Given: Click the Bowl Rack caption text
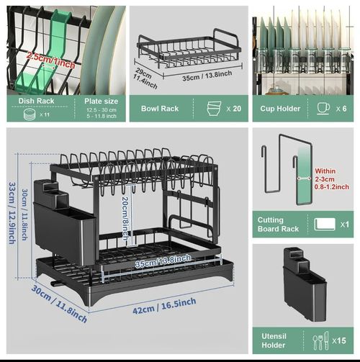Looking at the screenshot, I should pos(159,108).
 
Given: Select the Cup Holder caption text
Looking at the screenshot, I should pos(280,108).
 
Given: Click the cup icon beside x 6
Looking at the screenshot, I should pos(322,108).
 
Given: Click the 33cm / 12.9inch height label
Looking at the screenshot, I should pos(12,212).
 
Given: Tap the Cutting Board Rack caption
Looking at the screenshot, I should pos(280,225).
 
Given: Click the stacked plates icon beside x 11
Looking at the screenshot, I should pos(27,114).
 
